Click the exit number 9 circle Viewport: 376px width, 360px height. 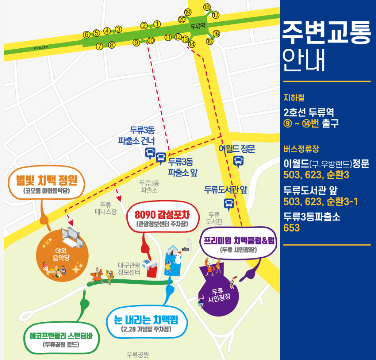tap(136, 43)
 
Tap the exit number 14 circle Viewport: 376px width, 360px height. tap(191, 44)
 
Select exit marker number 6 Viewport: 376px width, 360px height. tap(86, 34)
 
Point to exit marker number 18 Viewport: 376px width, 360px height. tap(207, 7)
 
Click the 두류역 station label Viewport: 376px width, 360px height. tap(198, 24)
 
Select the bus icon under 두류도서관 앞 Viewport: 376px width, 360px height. tap(229, 203)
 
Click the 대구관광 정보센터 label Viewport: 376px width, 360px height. tap(130, 269)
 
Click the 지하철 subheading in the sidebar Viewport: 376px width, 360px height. tap(294, 98)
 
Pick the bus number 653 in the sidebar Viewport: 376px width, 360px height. tap(292, 228)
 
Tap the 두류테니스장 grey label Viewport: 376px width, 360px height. tap(105, 208)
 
